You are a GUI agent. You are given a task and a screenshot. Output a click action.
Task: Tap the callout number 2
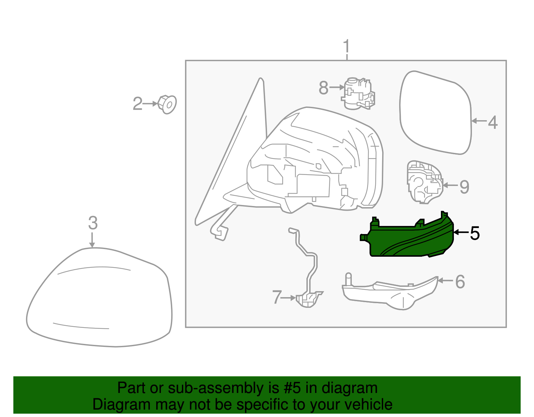click(x=138, y=104)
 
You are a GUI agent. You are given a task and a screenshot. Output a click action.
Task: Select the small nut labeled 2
click(x=168, y=105)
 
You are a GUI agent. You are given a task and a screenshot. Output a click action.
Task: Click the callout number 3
click(x=93, y=223)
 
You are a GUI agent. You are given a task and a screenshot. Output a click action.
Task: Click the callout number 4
click(x=493, y=123)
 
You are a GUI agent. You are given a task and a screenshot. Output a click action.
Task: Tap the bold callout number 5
click(x=475, y=233)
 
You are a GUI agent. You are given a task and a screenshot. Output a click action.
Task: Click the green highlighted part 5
click(x=411, y=239)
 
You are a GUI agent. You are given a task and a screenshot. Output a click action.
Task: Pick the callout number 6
click(x=460, y=282)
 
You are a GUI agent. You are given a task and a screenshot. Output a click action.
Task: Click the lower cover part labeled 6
click(x=390, y=294)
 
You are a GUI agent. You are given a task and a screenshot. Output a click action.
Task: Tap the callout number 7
click(x=277, y=297)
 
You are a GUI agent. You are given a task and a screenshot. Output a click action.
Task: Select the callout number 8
click(x=323, y=88)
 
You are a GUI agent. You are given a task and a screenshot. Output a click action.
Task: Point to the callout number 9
click(x=464, y=187)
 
